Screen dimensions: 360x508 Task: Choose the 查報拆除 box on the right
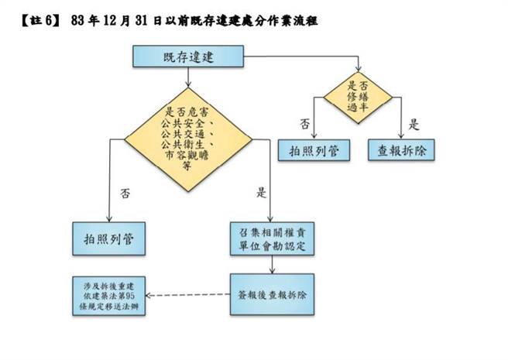pyautogui.click(x=402, y=149)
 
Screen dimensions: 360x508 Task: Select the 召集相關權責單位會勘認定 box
pyautogui.click(x=270, y=239)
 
